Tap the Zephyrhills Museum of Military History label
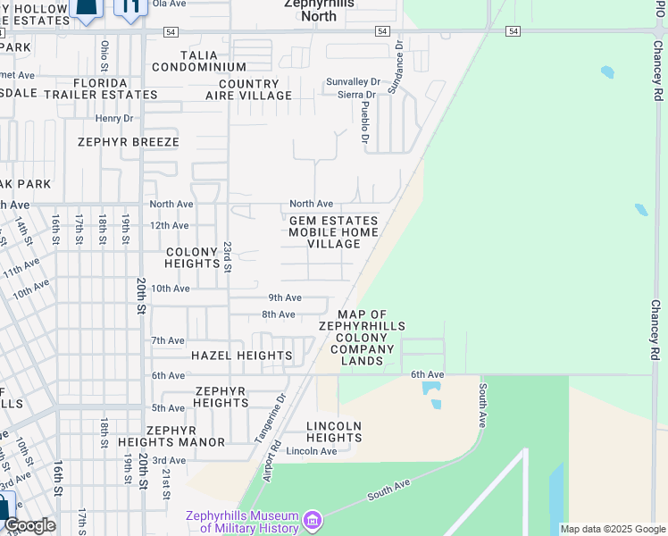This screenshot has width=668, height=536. point(241,522)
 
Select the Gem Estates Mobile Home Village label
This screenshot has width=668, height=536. point(333,232)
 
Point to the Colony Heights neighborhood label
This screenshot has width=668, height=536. point(193,258)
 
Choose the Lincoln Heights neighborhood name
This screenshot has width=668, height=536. point(334,431)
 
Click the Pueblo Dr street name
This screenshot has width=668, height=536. point(364,121)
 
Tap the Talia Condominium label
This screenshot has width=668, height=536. point(198,61)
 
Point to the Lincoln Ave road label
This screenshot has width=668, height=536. point(312,451)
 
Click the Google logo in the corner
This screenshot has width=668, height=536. point(29,525)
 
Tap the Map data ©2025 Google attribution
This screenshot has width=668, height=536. point(613,529)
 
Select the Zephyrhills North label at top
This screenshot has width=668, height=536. point(319,10)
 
